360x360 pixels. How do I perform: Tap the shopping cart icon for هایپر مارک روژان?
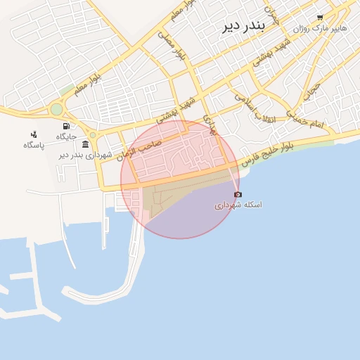[320, 18]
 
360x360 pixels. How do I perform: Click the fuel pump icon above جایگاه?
[66, 126]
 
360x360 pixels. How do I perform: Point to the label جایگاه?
[66, 136]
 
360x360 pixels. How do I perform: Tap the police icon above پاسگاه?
[33, 134]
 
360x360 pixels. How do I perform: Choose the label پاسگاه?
[33, 145]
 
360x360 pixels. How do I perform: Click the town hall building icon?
[85, 144]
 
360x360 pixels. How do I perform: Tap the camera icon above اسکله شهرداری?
[238, 194]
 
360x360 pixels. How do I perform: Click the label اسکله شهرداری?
[238, 205]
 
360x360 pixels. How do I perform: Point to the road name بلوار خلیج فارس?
[266, 153]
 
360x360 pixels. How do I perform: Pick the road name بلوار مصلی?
[171, 46]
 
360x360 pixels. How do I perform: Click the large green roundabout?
[56, 110]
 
